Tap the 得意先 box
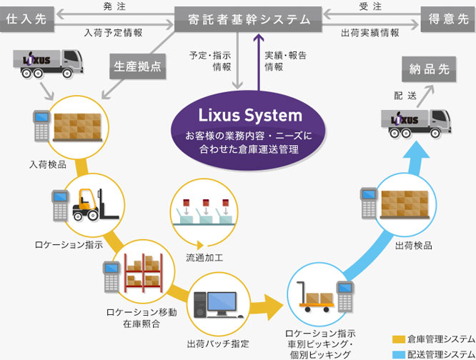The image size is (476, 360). (x=447, y=19)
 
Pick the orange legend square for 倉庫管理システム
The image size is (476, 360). (x=400, y=337)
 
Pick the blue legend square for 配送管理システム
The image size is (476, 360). (x=400, y=351)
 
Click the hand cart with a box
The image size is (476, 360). (x=312, y=295)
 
